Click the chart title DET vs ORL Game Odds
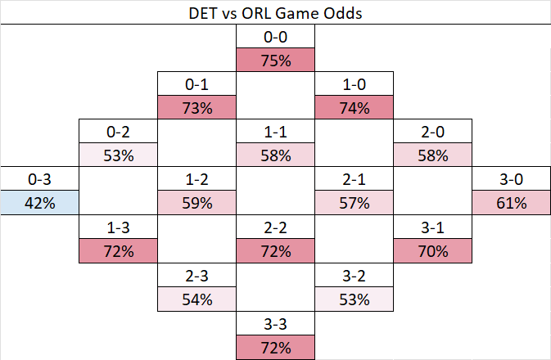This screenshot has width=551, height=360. click(x=275, y=12)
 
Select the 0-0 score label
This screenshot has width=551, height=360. click(x=275, y=37)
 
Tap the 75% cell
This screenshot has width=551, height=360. click(x=275, y=61)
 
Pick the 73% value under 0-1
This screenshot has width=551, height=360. click(x=196, y=108)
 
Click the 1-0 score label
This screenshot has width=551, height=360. click(x=354, y=84)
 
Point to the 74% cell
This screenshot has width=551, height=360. click(x=354, y=108)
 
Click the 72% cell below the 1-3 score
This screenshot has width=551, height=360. click(x=118, y=251)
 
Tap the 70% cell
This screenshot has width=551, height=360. click(x=432, y=251)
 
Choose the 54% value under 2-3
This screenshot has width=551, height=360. click(x=196, y=299)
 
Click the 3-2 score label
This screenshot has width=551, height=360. click(x=354, y=276)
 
